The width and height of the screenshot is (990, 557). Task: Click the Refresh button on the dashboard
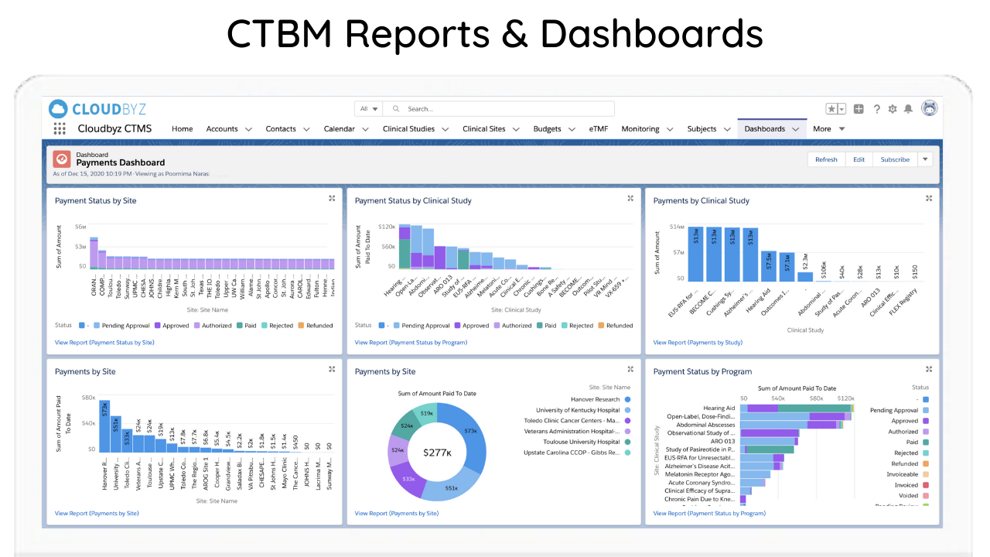(826, 159)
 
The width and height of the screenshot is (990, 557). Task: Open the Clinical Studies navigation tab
(408, 129)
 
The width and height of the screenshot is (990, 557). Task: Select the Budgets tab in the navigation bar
(547, 129)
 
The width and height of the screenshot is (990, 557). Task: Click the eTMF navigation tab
(598, 129)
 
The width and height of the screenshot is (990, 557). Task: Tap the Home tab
(183, 129)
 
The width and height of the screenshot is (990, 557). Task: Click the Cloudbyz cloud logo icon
(58, 108)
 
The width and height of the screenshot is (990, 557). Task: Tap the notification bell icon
(908, 109)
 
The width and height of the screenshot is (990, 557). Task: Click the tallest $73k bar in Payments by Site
(104, 425)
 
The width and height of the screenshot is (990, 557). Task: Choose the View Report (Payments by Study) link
(698, 342)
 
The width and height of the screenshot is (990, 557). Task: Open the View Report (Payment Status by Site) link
(104, 342)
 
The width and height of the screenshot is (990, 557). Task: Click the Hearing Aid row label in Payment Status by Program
(719, 408)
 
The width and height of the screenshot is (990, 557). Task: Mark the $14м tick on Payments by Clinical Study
(677, 227)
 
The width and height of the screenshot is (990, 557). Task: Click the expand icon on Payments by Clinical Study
(929, 199)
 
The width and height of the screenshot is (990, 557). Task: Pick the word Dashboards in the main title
(651, 34)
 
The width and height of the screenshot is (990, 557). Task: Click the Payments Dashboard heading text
(120, 163)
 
